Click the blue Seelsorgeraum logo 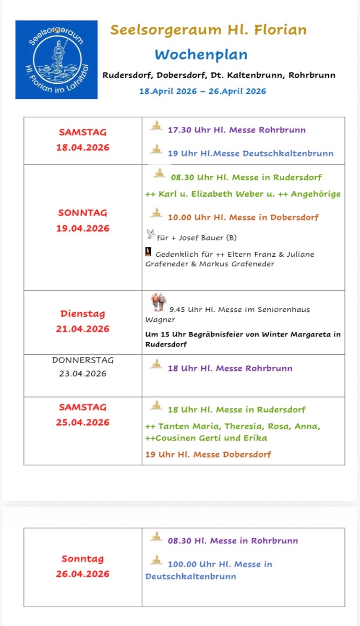[x=56, y=59]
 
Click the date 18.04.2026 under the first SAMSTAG [x=83, y=147]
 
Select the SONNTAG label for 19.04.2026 [x=83, y=213]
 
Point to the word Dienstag [x=82, y=314]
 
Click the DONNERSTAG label [x=83, y=360]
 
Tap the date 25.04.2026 [x=83, y=422]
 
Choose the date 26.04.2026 [x=83, y=574]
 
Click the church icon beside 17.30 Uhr [x=155, y=126]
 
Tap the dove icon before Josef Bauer [x=151, y=234]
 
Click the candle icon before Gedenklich [x=148, y=253]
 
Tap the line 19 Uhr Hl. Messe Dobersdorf [x=208, y=454]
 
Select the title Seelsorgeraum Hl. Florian [x=208, y=30]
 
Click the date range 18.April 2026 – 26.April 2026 [x=202, y=91]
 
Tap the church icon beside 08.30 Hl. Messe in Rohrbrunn [x=155, y=537]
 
